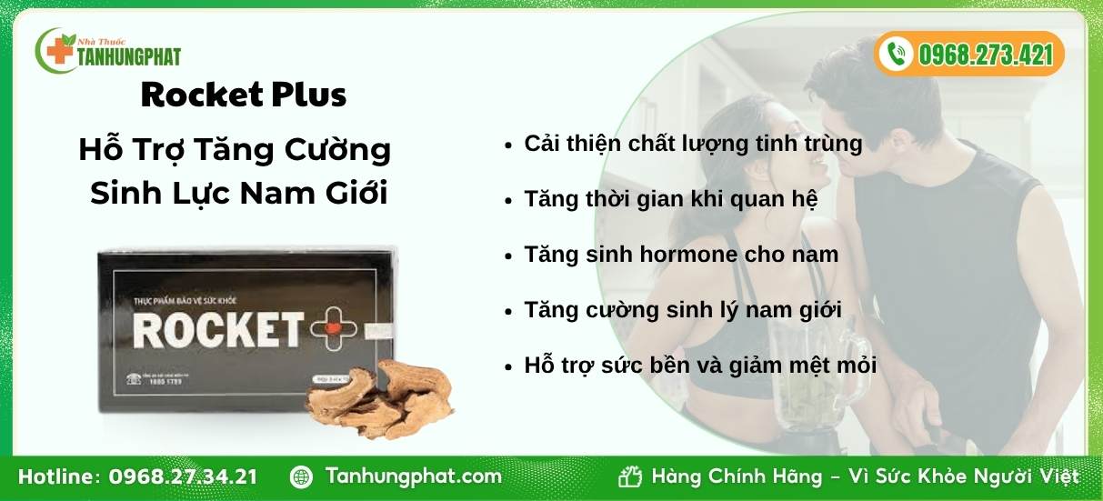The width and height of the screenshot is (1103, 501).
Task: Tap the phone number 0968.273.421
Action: [x=985, y=55]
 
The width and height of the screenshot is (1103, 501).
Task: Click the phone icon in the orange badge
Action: [x=897, y=54]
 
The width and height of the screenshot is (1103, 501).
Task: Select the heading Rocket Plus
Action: [x=244, y=95]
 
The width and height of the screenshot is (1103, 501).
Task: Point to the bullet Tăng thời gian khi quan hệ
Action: [x=671, y=199]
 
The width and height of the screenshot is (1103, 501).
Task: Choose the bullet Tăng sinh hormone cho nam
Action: [x=681, y=255]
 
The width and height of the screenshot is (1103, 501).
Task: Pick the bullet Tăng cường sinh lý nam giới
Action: [x=683, y=310]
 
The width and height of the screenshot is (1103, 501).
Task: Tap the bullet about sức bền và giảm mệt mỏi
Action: [x=700, y=366]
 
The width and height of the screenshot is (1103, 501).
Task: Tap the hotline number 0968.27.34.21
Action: [x=183, y=476]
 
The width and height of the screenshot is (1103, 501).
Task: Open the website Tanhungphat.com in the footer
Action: [x=413, y=476]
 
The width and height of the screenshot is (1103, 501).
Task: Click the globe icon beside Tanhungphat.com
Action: [x=302, y=476]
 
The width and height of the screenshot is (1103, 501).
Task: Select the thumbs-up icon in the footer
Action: [x=630, y=476]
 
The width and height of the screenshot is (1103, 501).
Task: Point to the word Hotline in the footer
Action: [x=59, y=476]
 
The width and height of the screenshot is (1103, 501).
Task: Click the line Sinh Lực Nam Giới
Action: [x=239, y=194]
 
